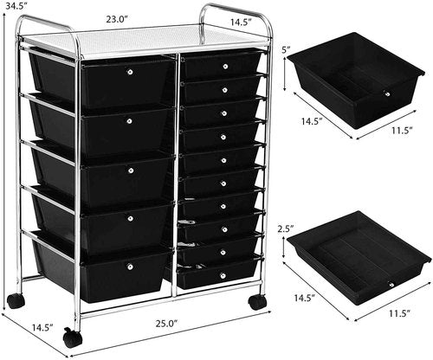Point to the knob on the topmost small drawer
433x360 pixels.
tap(223, 65)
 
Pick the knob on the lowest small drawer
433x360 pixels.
tap(223, 275)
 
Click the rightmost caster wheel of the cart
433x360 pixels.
tap(256, 303)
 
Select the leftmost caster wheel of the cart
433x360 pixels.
tap(16, 301)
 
